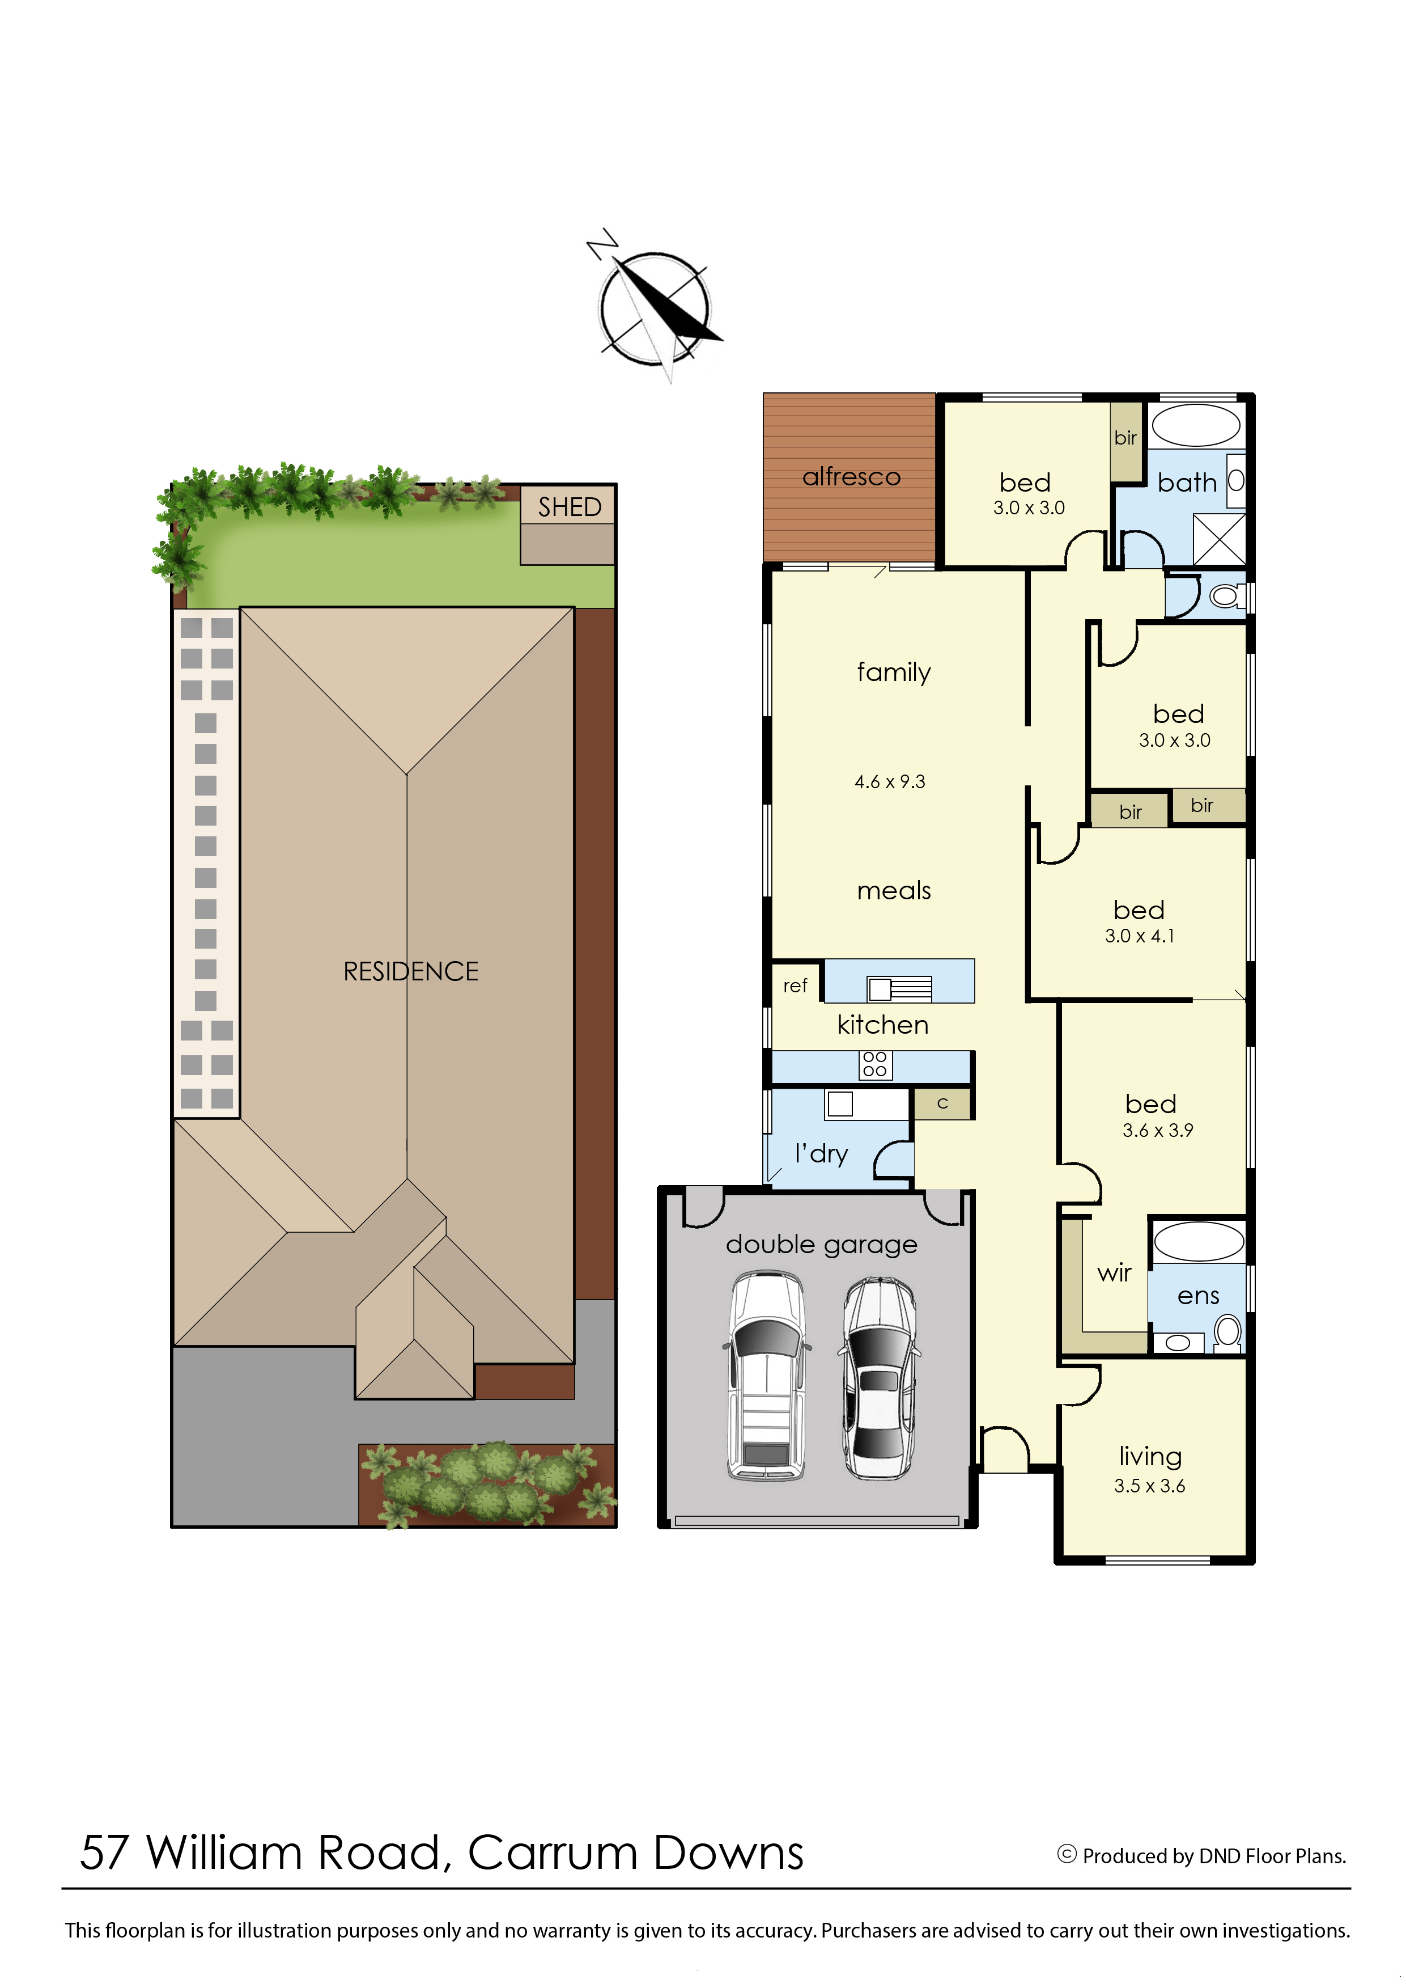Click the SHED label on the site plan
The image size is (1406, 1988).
(569, 507)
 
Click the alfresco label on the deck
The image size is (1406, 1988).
(851, 476)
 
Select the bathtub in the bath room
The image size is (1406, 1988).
(1196, 425)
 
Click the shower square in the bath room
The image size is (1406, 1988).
(1219, 539)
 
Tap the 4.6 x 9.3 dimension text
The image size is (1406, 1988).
(889, 781)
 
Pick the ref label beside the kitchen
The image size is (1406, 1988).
(795, 985)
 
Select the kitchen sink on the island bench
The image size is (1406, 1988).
(899, 988)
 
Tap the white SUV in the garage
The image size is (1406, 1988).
(766, 1374)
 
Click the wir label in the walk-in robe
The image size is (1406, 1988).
(1114, 1272)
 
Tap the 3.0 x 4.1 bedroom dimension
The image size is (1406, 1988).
(1139, 936)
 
